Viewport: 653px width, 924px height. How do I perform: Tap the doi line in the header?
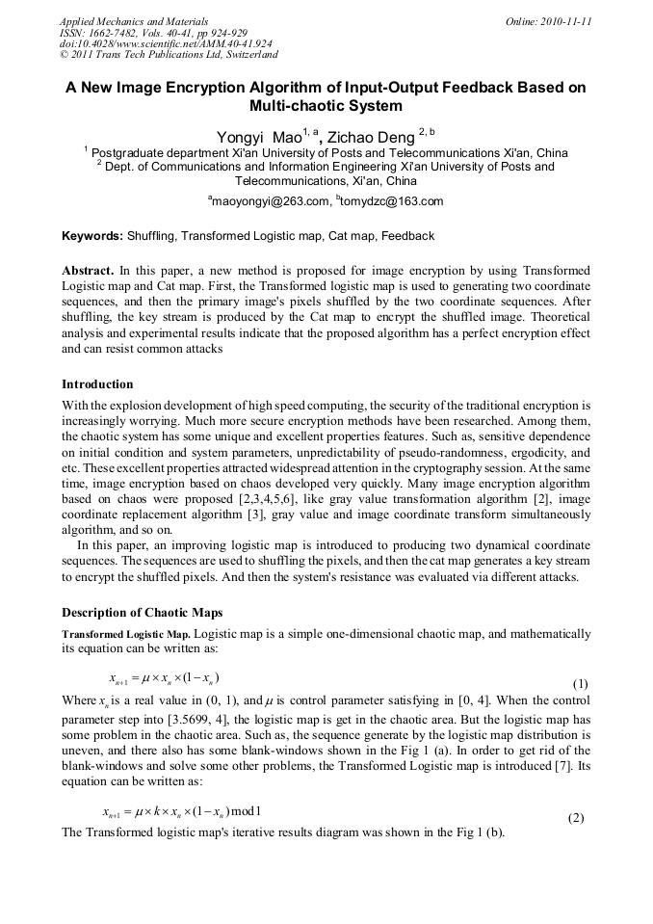click(166, 44)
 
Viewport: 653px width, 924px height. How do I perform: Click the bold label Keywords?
click(92, 236)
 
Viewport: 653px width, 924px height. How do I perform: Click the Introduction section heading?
click(97, 384)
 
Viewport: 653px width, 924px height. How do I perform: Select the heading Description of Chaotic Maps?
click(142, 612)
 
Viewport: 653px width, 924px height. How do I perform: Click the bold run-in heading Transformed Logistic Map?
click(126, 635)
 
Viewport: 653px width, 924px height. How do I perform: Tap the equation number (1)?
click(580, 683)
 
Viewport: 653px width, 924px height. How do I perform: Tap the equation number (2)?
click(576, 818)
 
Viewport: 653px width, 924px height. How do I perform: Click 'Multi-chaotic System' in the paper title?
click(326, 106)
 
